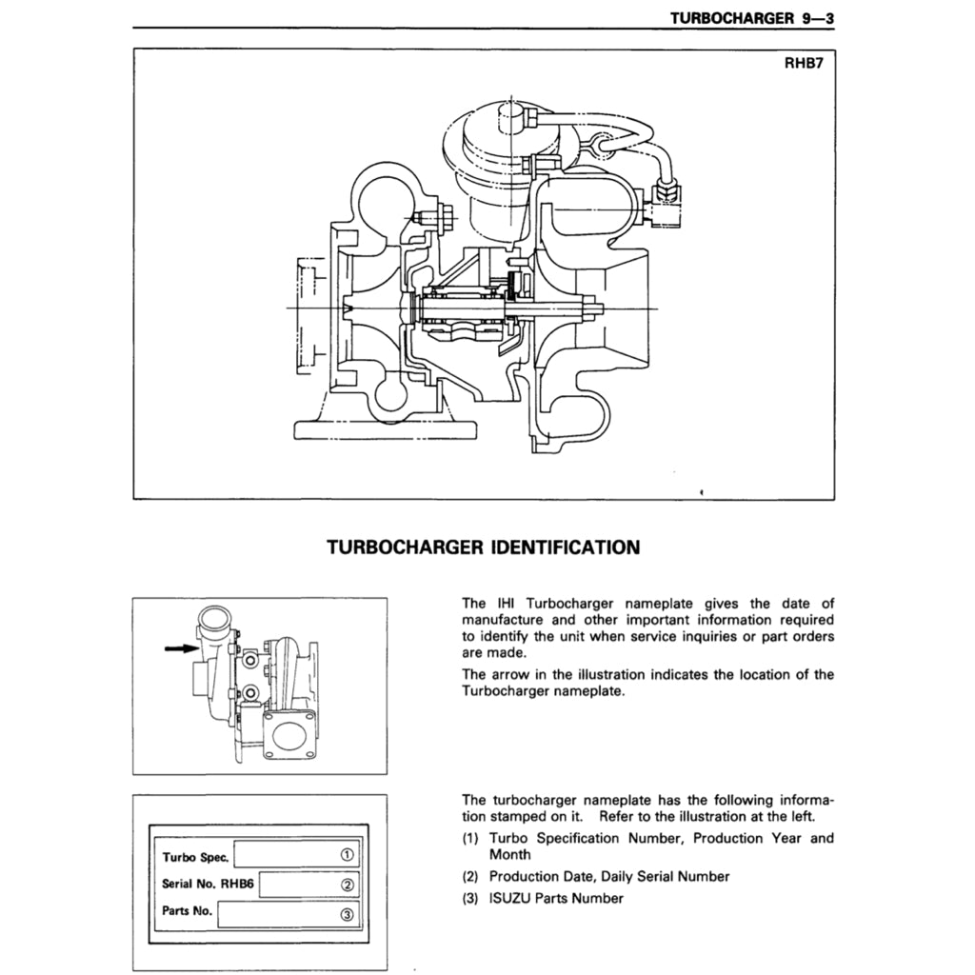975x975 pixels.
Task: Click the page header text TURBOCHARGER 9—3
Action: (x=751, y=17)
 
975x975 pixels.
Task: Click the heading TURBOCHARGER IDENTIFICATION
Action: (x=483, y=547)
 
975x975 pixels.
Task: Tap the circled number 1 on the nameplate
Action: (x=348, y=854)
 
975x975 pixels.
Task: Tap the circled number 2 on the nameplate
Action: (x=348, y=885)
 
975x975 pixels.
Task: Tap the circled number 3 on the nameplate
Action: (x=348, y=915)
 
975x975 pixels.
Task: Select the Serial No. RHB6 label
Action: (x=207, y=884)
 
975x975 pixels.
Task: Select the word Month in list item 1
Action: (x=509, y=855)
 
